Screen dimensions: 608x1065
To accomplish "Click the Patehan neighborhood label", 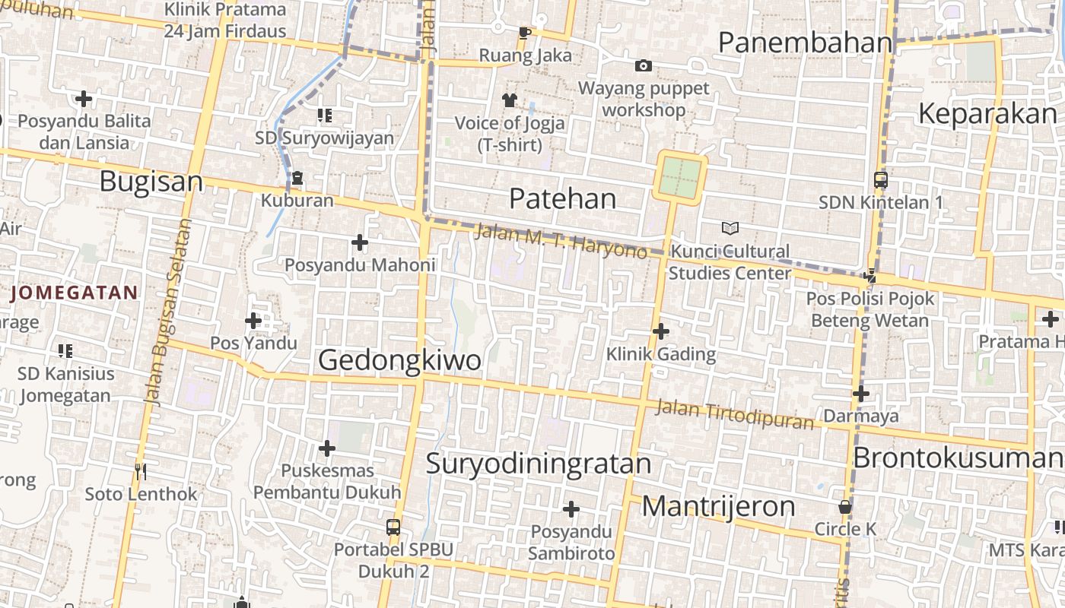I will coord(562,199).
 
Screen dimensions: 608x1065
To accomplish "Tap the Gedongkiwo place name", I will coord(399,359).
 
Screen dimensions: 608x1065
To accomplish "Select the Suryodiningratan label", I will coord(539,463).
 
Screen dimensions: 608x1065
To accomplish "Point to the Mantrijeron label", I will coord(718,506).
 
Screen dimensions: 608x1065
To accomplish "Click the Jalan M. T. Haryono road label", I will coord(561,239).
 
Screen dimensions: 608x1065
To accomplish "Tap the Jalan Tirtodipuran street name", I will coord(734,414).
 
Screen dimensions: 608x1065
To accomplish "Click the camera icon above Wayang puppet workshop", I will coord(643,66).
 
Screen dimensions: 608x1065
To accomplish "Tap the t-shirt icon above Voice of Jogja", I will coord(509,100).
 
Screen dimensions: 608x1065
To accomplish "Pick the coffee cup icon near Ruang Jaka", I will coord(524,33).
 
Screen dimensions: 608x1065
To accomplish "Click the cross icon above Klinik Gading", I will coord(660,331).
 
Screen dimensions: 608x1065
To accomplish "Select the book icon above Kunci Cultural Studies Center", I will coord(730,228).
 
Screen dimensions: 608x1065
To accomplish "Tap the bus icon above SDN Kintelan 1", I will coord(880,180).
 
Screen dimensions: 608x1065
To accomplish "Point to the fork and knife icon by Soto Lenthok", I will coord(140,472).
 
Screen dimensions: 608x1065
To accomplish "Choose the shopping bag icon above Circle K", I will coord(844,507).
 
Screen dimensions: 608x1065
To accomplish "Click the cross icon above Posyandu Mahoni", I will coord(359,242).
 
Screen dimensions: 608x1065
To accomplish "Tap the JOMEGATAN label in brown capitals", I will coord(75,293).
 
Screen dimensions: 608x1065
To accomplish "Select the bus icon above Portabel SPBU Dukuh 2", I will coord(393,527).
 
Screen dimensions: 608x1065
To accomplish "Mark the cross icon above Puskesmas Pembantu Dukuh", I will coord(326,448).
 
